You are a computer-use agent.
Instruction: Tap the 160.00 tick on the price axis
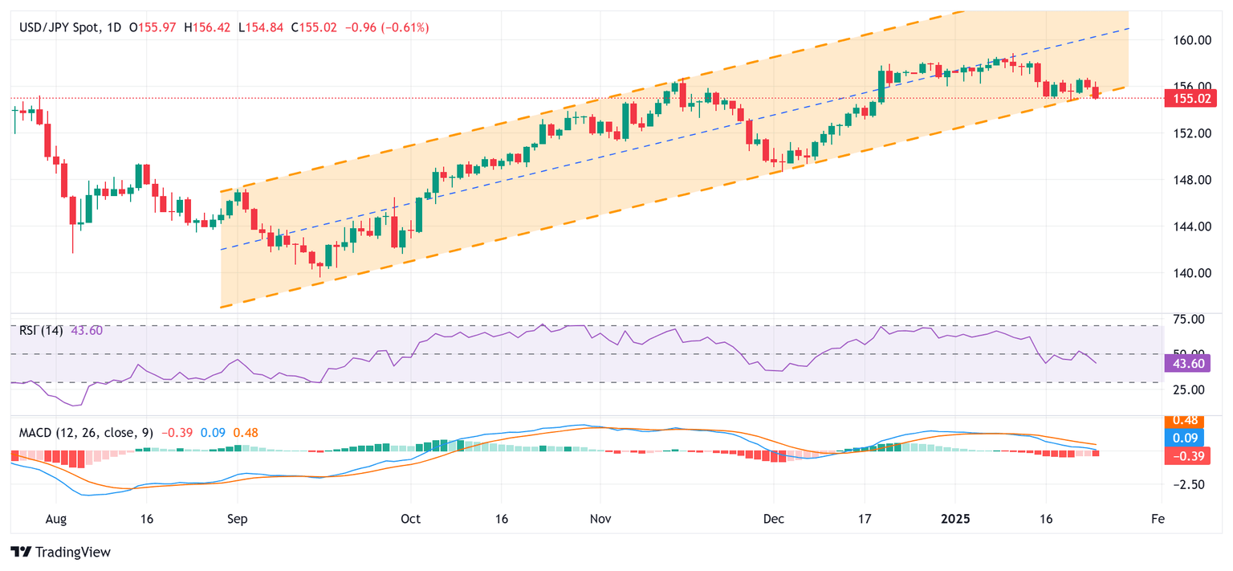[x=1186, y=40]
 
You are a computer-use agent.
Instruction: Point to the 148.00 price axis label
[x=1186, y=180]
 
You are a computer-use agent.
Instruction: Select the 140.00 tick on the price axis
[x=1186, y=273]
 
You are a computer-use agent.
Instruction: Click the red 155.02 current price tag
[x=1186, y=99]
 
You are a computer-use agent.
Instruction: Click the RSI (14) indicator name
[x=41, y=330]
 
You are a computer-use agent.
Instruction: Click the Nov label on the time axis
[x=600, y=520]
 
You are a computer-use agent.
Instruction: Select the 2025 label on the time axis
[x=955, y=520]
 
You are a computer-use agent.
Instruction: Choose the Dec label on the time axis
[x=773, y=520]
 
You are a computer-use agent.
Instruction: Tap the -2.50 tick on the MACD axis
[x=1186, y=484]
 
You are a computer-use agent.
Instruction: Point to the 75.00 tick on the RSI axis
[x=1186, y=319]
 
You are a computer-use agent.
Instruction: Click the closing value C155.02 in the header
[x=315, y=27]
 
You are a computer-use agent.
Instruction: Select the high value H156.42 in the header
[x=208, y=27]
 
